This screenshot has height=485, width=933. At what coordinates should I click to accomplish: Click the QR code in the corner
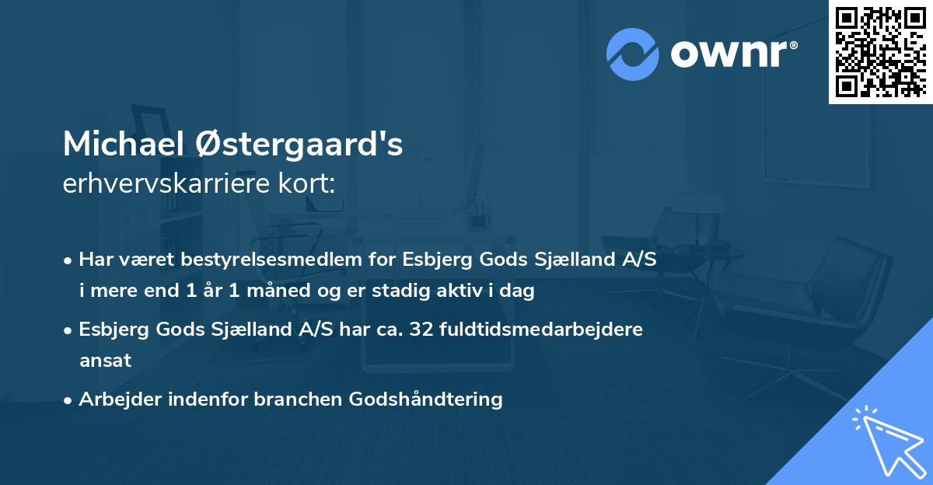(x=880, y=51)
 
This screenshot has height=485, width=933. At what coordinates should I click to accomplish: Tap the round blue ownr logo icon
(x=633, y=54)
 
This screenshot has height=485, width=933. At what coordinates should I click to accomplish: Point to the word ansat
(x=105, y=361)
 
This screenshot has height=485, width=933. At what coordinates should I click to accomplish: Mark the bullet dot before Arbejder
(x=69, y=400)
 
